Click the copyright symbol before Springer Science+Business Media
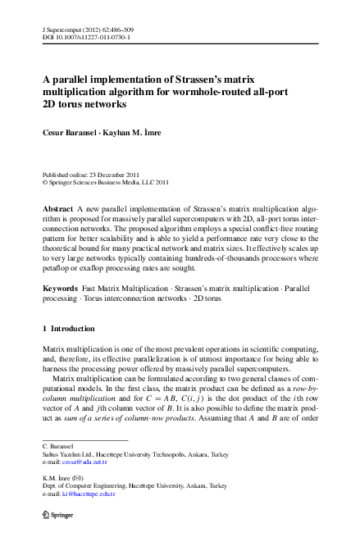tap(44, 183)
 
